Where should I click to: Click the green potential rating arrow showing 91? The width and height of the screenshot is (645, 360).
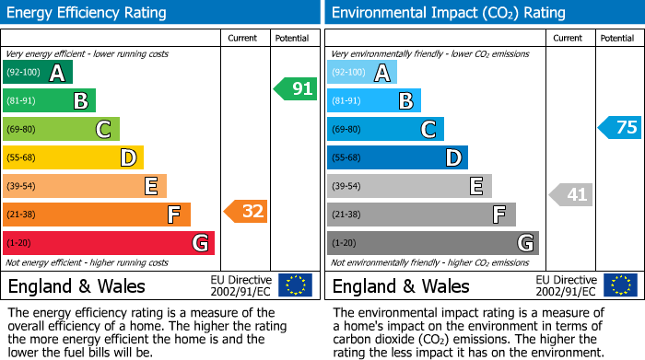(296, 89)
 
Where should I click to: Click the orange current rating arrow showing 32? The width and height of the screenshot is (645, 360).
(246, 212)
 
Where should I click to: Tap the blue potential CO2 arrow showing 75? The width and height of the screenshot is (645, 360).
(620, 128)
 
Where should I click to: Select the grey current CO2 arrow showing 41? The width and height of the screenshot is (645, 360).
(571, 194)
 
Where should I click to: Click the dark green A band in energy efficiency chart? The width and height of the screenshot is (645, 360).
(38, 72)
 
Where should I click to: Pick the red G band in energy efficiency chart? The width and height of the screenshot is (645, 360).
(109, 243)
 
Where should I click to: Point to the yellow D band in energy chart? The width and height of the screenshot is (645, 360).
(73, 157)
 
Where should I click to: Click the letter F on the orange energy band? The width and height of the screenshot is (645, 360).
(173, 215)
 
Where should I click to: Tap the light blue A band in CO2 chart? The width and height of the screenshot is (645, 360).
(362, 72)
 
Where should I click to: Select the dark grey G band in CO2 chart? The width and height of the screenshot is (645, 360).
(433, 243)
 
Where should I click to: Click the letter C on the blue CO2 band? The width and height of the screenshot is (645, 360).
(428, 130)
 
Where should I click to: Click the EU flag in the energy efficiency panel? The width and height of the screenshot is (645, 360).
(295, 285)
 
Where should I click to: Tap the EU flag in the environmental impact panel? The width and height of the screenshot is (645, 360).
(619, 285)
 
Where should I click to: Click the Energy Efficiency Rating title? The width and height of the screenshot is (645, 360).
(88, 13)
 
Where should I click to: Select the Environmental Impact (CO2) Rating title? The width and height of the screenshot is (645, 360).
(448, 13)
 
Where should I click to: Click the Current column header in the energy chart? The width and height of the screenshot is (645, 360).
(242, 38)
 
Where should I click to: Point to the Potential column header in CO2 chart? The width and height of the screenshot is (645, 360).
(616, 38)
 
